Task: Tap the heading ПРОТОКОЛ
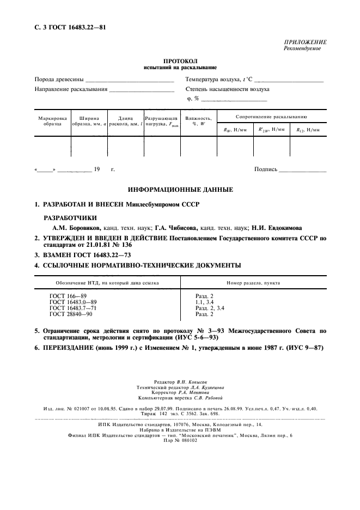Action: (180, 62)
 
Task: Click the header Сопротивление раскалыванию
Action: (271, 117)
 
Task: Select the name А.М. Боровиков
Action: (75, 227)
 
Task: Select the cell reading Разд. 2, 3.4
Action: (210, 308)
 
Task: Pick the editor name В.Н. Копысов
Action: (191, 382)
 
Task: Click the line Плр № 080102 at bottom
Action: (180, 440)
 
